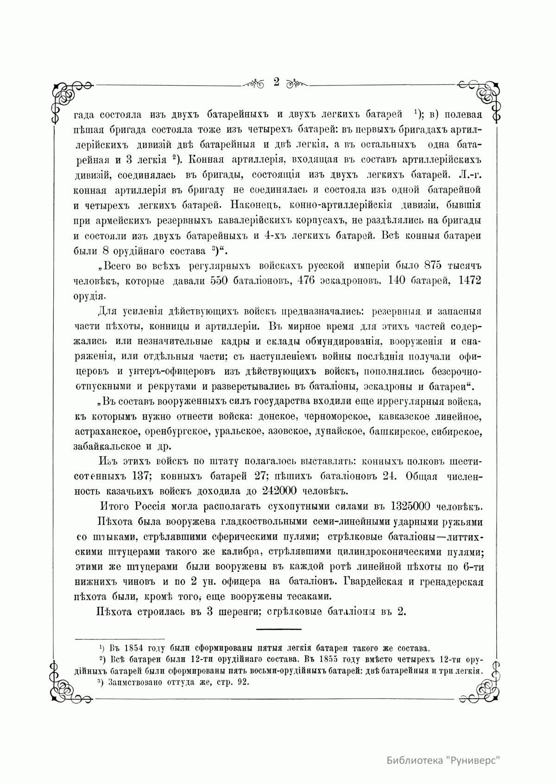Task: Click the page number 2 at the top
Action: tap(277, 82)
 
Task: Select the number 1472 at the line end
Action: tap(469, 280)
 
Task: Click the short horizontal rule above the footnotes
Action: tap(278, 629)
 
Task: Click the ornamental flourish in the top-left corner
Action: tap(67, 95)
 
